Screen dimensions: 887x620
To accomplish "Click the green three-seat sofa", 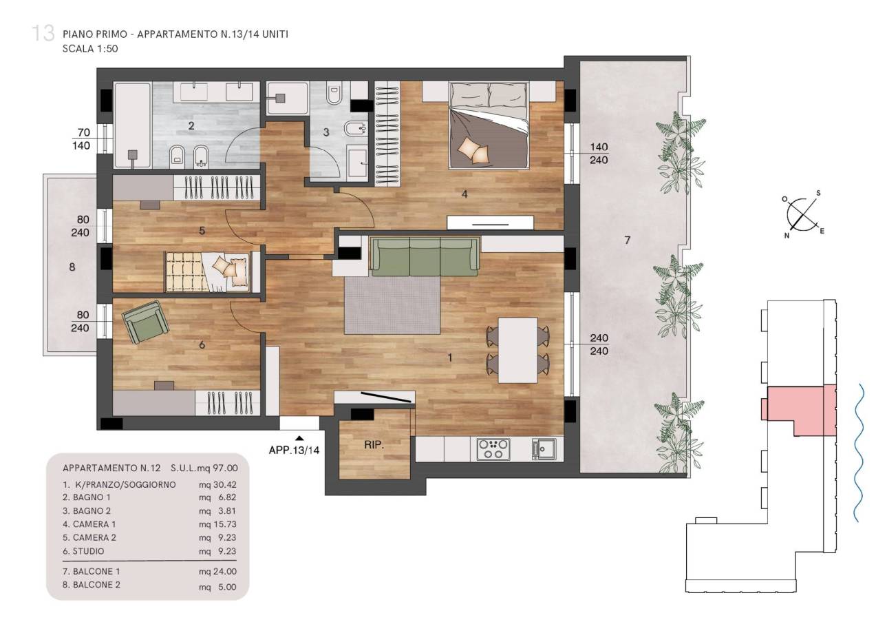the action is click(x=425, y=257).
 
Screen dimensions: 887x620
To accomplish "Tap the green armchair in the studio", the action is click(x=145, y=322).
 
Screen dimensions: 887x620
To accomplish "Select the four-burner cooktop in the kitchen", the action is click(x=493, y=449).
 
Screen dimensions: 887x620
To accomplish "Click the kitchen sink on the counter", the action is click(x=544, y=449).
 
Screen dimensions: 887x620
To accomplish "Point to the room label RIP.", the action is click(x=374, y=445).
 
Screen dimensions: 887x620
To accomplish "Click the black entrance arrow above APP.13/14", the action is click(x=300, y=438).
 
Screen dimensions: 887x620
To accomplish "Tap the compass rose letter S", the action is click(x=818, y=194).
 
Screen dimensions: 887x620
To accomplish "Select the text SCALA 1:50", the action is click(x=90, y=49).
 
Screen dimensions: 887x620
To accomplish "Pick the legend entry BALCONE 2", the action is click(x=92, y=585).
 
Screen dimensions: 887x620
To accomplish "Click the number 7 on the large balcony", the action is click(x=628, y=240).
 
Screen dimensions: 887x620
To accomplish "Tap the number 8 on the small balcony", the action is click(x=72, y=267).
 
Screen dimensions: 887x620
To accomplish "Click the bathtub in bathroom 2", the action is click(x=133, y=125).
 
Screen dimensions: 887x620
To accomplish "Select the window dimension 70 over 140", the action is click(x=81, y=138).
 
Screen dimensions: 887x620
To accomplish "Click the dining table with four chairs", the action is click(x=517, y=350).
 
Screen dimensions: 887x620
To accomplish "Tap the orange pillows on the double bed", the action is click(x=473, y=151).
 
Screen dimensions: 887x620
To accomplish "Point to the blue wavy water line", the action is click(x=857, y=453).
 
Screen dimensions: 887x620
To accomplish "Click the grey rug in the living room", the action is click(x=392, y=305).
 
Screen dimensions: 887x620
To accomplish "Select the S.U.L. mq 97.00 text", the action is click(x=204, y=468).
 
